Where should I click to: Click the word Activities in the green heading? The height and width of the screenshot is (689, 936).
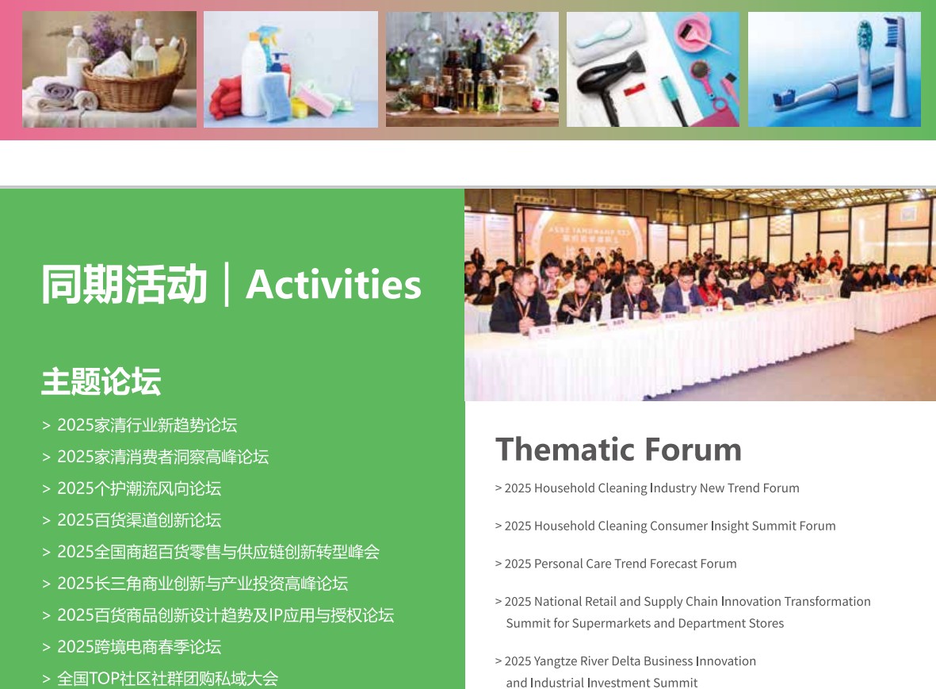click(333, 284)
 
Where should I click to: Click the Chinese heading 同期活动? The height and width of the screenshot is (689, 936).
click(124, 284)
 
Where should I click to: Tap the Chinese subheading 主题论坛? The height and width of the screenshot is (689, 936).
click(101, 381)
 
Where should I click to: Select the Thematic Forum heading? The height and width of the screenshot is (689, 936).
click(618, 449)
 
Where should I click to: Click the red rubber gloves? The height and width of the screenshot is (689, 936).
click(226, 98)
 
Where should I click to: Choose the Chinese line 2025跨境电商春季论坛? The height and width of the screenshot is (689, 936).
click(139, 647)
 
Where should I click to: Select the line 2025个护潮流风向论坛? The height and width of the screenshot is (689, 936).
click(139, 488)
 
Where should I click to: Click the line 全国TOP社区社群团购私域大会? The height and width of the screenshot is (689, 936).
click(168, 678)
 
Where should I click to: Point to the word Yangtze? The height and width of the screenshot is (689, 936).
click(555, 661)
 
